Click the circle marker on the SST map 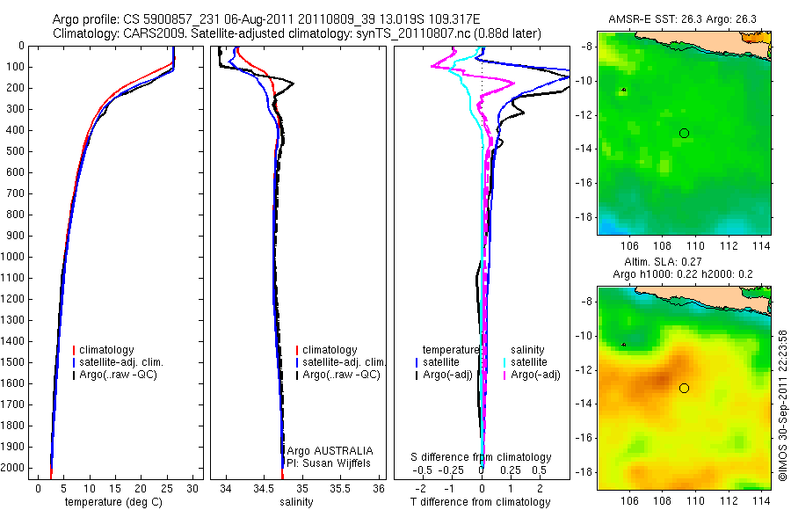[684, 133]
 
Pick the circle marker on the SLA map [684, 388]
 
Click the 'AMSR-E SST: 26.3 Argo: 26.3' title [682, 20]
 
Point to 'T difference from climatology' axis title [480, 502]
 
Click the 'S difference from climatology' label [482, 457]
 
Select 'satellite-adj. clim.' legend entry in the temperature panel [122, 362]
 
